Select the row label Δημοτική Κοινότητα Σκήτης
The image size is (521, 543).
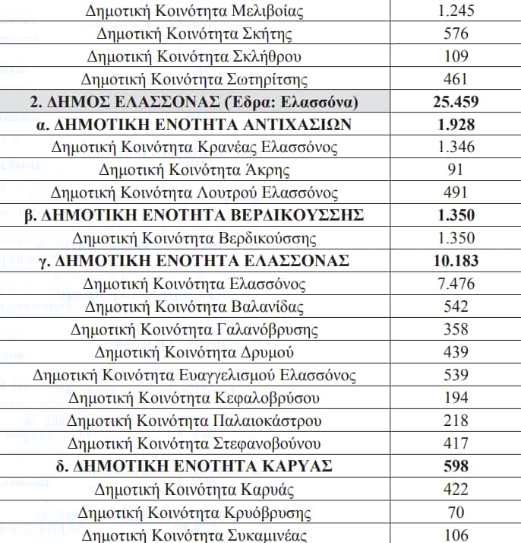pos(194,33)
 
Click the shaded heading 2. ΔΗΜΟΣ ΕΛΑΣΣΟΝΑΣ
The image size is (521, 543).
pos(194,102)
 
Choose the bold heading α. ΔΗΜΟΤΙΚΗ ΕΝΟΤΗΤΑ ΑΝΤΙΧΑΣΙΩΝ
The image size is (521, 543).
pos(194,125)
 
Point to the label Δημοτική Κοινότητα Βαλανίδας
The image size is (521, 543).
pos(194,307)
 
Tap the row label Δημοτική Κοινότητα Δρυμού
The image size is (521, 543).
pos(194,353)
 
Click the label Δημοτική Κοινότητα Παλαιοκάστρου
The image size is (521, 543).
pos(194,421)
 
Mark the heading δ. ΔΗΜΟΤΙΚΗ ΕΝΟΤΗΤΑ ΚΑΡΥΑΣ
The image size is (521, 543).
pos(194,466)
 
